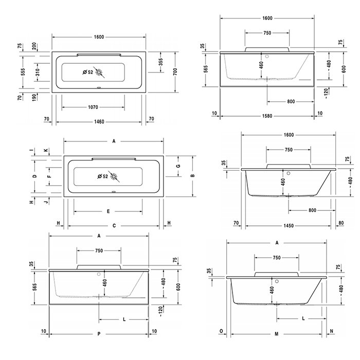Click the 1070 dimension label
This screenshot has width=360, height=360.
pyautogui.click(x=93, y=107)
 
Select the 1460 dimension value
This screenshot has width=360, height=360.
pyautogui.click(x=99, y=122)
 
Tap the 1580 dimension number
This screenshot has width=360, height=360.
pyautogui.click(x=267, y=116)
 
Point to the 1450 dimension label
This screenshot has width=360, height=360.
pyautogui.click(x=289, y=226)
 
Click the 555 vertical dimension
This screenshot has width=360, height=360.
pyautogui.click(x=23, y=72)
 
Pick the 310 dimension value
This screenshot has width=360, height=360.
pyautogui.click(x=38, y=72)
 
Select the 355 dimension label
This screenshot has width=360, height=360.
pyautogui.click(x=160, y=62)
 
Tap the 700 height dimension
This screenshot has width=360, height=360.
pyautogui.click(x=175, y=71)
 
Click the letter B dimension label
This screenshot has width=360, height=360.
pyautogui.click(x=193, y=176)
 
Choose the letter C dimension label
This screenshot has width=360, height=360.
pyautogui.click(x=114, y=226)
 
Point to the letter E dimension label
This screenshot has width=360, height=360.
pyautogui.click(x=109, y=211)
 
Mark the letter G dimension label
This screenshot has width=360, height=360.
pyautogui.click(x=178, y=166)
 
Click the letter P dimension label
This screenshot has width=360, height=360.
pyautogui.click(x=99, y=334)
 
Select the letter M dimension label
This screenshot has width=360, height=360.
pyautogui.click(x=277, y=334)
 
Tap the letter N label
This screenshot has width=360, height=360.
pyautogui.click(x=332, y=331)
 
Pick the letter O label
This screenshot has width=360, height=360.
pyautogui.click(x=221, y=331)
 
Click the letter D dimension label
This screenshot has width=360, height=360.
pyautogui.click(x=34, y=176)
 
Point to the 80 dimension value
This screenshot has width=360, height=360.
pyautogui.click(x=341, y=223)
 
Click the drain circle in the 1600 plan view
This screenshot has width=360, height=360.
pyautogui.click(x=99, y=73)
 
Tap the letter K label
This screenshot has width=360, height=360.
pyautogui.click(x=46, y=150)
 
